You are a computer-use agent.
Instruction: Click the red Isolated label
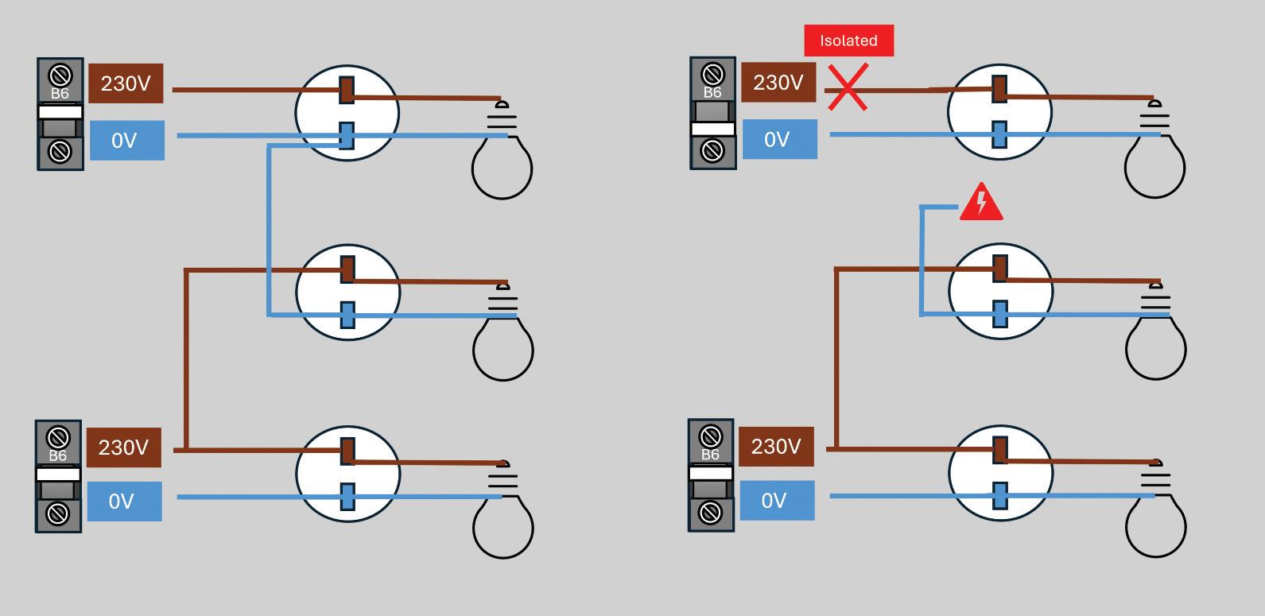pos(849,41)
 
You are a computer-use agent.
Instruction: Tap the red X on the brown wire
pos(848,87)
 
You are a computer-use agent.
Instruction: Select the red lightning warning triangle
pos(981,202)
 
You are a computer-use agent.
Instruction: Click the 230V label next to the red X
pos(778,83)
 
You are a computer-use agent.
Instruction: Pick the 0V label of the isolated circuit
pos(779,139)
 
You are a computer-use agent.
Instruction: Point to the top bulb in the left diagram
pos(502,150)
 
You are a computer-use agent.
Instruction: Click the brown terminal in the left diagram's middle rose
pos(348,269)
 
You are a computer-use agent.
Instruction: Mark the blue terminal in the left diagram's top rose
pos(347,136)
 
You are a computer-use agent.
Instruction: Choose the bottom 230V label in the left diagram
pos(124,447)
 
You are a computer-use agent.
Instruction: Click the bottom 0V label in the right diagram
pos(777,500)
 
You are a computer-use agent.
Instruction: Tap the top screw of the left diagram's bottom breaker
pos(58,437)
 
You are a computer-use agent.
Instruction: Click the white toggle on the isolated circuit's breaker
pos(712,129)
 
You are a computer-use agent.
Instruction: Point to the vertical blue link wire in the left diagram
pos(269,231)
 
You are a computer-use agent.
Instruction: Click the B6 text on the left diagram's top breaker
pos(60,93)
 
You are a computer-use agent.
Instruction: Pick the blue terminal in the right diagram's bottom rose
pos(1000,496)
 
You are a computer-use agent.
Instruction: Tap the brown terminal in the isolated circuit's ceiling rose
pos(999,89)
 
